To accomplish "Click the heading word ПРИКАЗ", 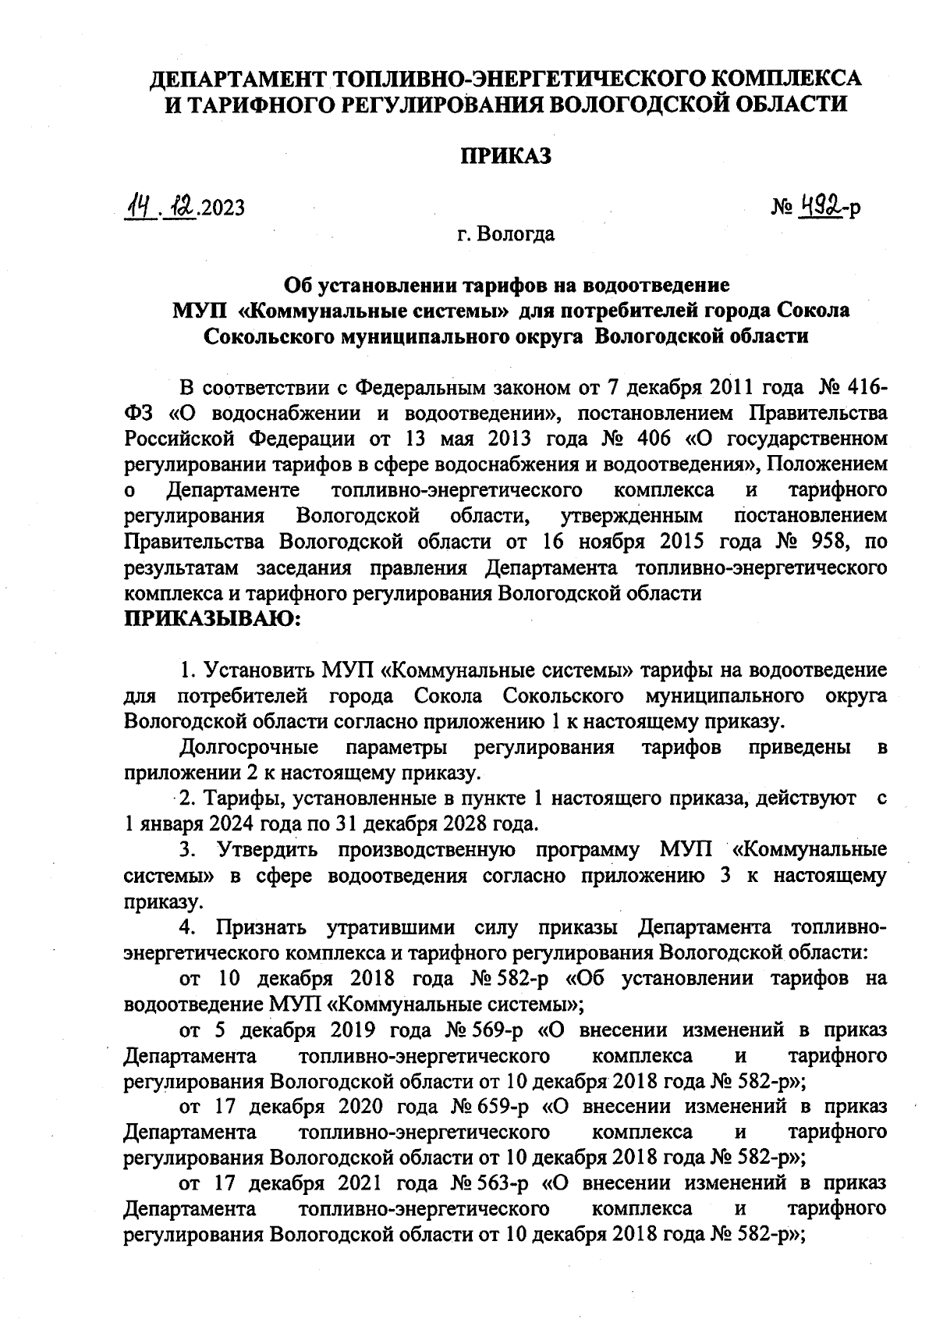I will (x=505, y=156).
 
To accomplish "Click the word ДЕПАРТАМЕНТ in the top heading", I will (x=239, y=79).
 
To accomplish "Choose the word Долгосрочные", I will (x=249, y=747).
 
